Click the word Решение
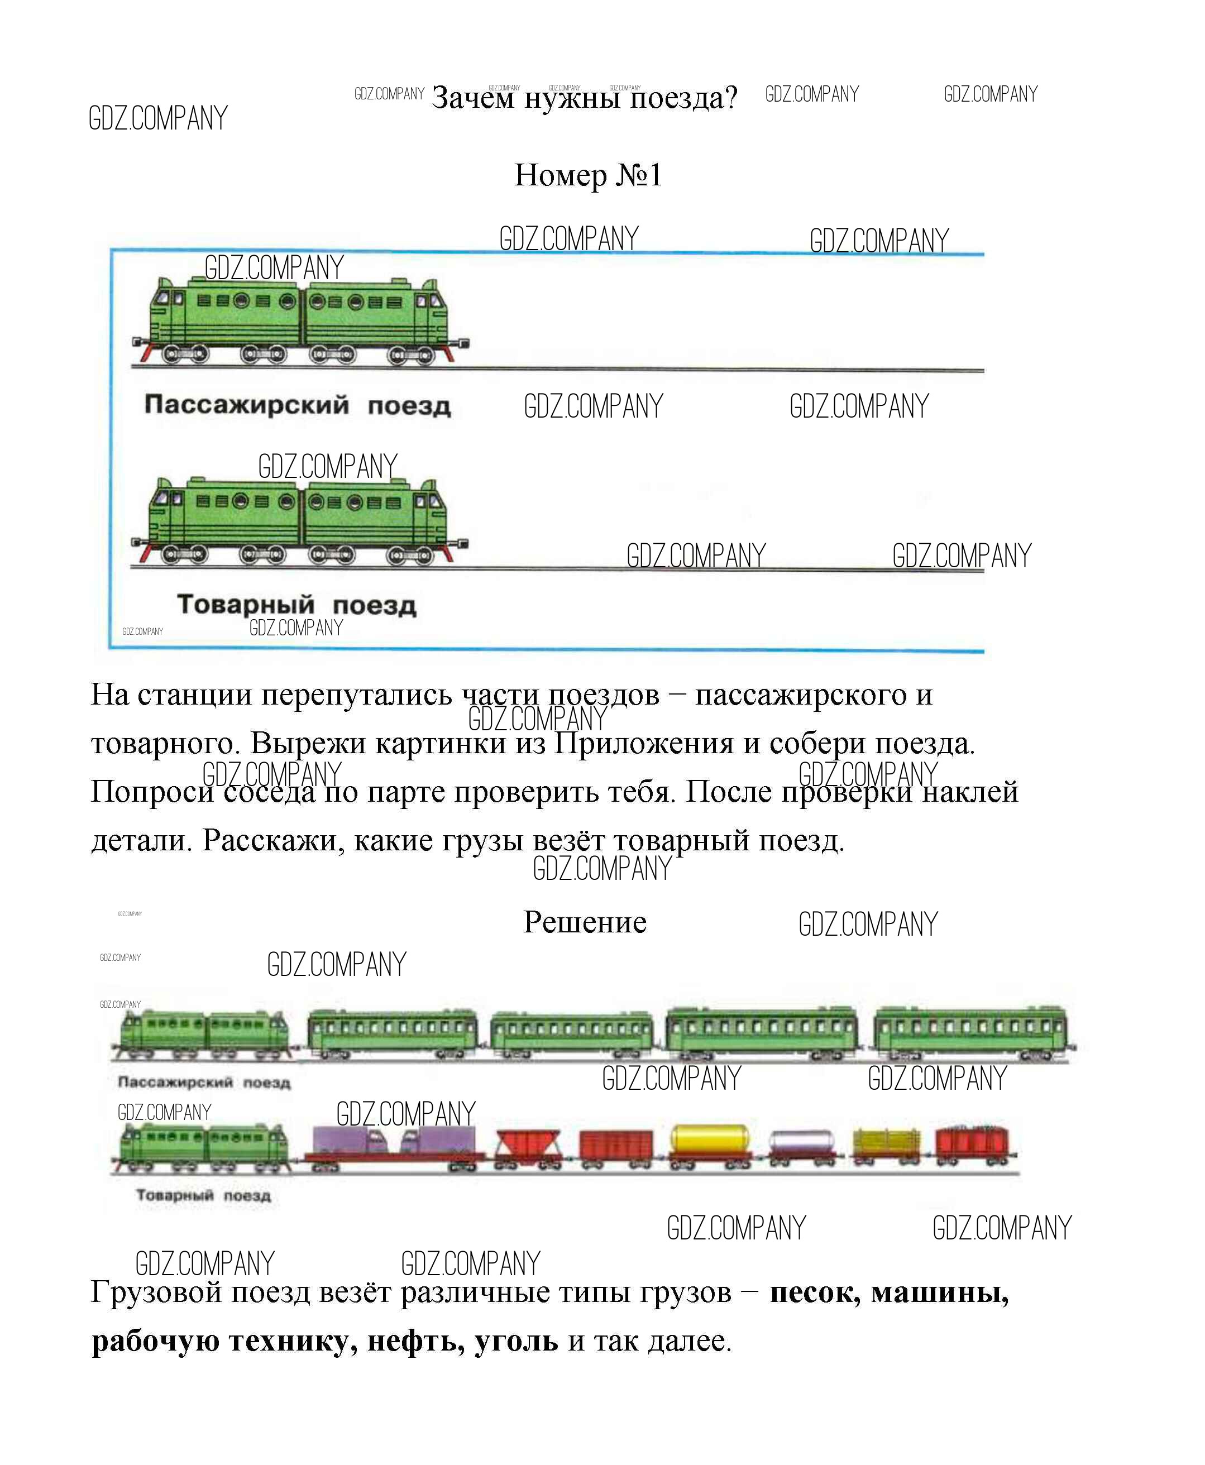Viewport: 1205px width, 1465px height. (x=585, y=922)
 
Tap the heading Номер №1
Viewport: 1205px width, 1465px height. (x=588, y=175)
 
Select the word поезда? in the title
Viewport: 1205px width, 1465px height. (x=683, y=99)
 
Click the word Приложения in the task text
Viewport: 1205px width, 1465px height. (x=643, y=743)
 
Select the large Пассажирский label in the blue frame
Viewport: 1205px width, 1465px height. (x=246, y=405)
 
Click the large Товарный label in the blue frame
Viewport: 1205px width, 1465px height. (x=246, y=605)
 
